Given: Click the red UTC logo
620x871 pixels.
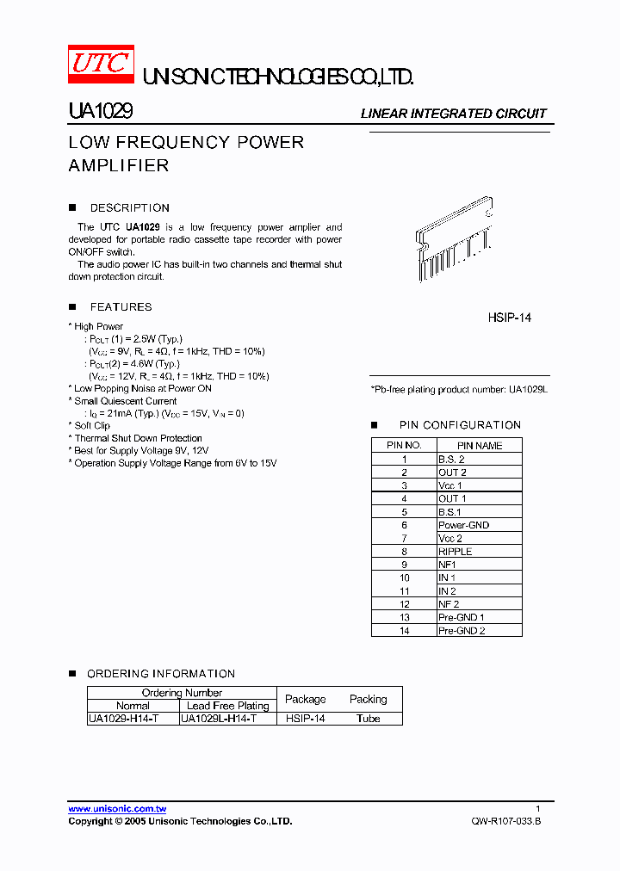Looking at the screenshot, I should point(101,64).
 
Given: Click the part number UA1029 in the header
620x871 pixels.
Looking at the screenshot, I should point(99,112).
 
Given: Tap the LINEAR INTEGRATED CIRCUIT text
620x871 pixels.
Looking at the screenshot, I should point(453,114).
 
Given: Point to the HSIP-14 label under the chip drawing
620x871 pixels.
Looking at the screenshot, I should point(510,318).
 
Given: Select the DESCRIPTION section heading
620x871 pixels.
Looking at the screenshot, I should point(130,208).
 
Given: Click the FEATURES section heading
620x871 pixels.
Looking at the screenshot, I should point(121,307).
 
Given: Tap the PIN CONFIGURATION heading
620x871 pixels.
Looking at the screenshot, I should point(460,425).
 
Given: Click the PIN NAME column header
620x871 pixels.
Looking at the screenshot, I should point(479,446).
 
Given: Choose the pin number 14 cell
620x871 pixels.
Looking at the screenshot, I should point(404,630).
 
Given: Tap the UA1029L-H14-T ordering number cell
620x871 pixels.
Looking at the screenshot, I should point(219,718).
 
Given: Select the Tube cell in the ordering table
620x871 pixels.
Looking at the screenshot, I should point(368,718).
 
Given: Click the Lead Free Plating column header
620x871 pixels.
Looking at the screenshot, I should point(227,706).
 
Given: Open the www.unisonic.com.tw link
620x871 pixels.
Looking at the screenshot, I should point(117,809).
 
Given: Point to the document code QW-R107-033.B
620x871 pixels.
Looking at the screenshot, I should point(506,821).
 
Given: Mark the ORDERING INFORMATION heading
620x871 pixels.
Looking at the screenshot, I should point(161,674).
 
